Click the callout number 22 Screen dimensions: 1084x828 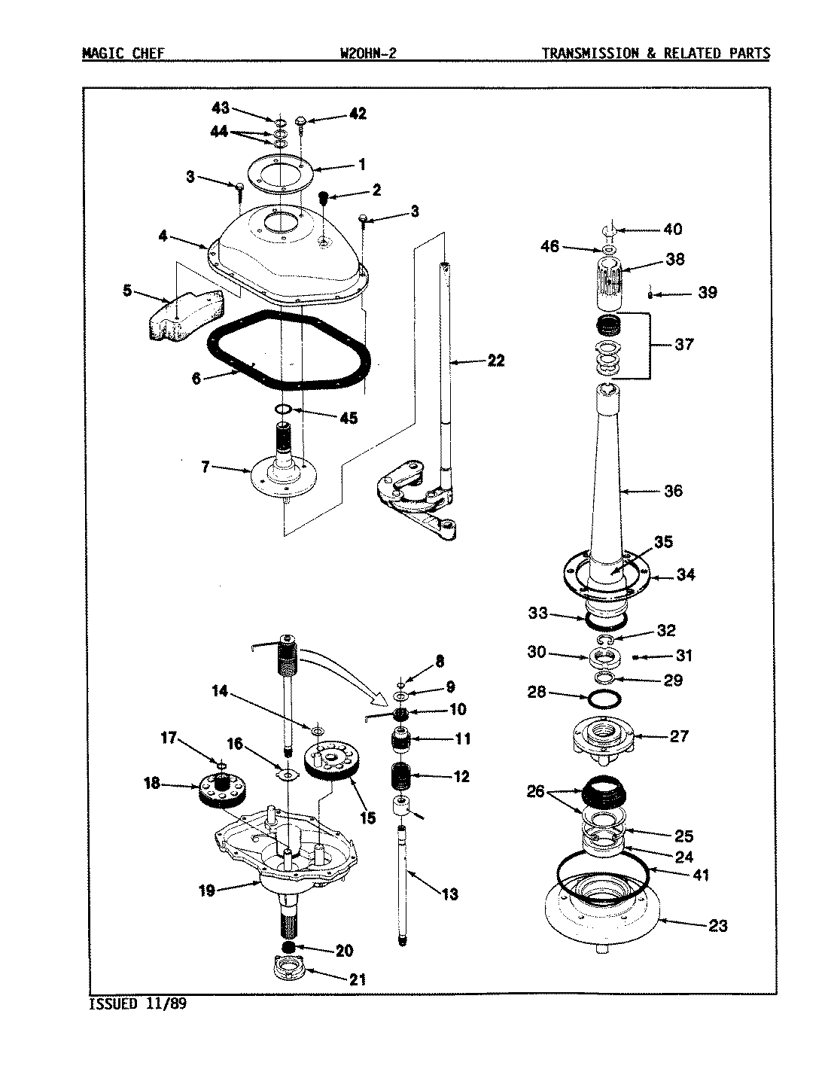pos(495,361)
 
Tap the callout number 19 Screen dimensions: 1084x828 pos(207,891)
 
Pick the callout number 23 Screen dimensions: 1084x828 pos(718,925)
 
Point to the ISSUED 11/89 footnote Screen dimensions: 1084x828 pos(137,1004)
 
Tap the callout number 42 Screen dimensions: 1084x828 pos(357,114)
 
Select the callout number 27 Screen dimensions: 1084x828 pos(679,735)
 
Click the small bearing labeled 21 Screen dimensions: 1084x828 pos(289,969)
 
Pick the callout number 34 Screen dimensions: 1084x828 pos(685,575)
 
